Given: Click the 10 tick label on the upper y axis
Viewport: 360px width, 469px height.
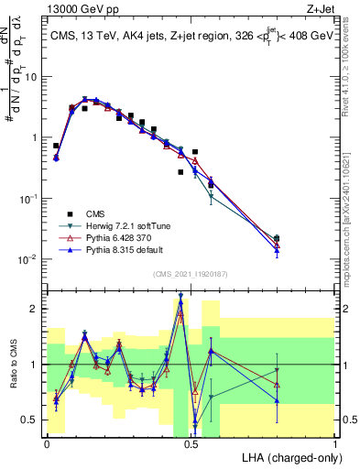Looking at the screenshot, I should tap(31, 77).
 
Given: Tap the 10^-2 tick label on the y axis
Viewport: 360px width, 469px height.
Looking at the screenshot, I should tap(29, 259).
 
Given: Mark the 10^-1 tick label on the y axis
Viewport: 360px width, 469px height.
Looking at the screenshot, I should tap(29, 199).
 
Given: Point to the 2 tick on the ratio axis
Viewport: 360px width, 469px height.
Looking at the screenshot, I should tap(37, 309).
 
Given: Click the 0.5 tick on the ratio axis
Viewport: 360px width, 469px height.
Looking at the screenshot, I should tap(33, 420).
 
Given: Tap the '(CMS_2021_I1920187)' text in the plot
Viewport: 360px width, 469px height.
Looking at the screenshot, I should tap(191, 273).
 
